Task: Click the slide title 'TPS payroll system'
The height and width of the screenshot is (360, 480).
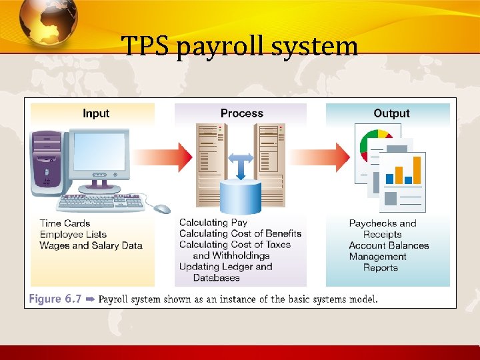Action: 240,47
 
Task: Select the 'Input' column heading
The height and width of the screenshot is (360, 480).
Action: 96,113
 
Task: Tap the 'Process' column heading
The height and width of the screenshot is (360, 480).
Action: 241,113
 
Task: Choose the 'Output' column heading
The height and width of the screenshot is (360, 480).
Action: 391,113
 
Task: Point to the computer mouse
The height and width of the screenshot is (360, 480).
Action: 162,209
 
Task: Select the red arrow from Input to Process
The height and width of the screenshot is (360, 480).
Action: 174,158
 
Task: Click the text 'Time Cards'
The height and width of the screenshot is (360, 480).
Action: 65,223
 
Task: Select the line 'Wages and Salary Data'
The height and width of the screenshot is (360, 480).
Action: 91,245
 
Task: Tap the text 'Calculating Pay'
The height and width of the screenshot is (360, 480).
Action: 213,223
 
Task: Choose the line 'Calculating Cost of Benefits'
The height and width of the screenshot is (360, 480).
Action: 240,233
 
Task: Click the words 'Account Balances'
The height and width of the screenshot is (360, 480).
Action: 389,245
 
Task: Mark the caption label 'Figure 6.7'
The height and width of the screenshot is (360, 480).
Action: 55,299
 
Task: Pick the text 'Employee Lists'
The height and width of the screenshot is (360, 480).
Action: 73,234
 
